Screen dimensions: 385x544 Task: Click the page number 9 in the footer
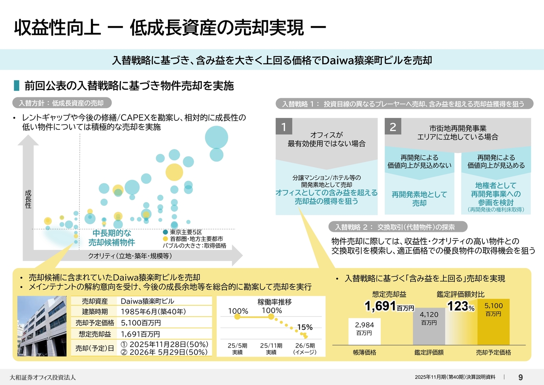(521, 377)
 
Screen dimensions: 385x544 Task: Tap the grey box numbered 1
(283, 127)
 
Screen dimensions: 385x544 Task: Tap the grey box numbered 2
(393, 127)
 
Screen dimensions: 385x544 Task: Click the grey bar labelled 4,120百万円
(429, 326)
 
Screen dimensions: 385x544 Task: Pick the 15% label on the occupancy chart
(305, 327)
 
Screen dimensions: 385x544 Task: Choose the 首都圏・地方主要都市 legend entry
(193, 239)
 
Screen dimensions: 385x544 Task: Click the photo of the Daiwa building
(42, 326)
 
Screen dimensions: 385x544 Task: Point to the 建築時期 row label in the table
(95, 312)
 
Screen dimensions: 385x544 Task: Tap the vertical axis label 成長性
(28, 199)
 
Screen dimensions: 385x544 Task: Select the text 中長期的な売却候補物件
(111, 238)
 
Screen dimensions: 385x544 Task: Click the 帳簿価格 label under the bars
(365, 353)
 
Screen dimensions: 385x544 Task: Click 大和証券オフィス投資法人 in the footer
(43, 377)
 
